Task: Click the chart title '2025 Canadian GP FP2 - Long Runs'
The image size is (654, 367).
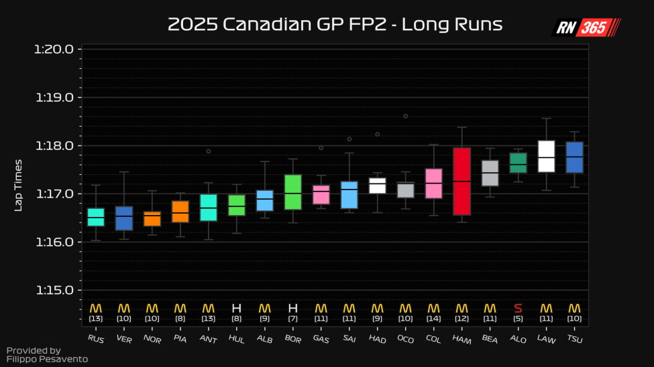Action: click(335, 25)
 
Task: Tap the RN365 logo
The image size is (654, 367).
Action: click(586, 27)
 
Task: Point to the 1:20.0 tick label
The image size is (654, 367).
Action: click(58, 50)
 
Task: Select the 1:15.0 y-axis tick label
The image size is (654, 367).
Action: click(58, 290)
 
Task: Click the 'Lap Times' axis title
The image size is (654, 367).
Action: click(19, 185)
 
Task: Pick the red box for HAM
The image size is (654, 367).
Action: click(461, 181)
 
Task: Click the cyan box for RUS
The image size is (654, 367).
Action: click(96, 217)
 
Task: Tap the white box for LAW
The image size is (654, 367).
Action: click(547, 156)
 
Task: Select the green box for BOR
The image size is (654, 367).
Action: click(293, 192)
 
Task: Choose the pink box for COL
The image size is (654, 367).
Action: click(433, 183)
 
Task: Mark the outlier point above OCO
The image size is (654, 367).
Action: click(405, 116)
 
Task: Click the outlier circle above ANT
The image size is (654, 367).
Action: click(209, 151)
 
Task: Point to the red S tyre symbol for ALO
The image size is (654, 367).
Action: click(518, 308)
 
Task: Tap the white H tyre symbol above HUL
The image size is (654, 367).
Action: click(236, 308)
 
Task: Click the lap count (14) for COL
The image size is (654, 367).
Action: click(433, 319)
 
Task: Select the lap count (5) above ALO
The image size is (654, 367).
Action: click(518, 319)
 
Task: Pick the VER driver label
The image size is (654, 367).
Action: click(123, 339)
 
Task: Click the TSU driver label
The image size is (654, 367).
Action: click(574, 339)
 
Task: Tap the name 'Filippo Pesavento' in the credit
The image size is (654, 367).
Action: click(47, 359)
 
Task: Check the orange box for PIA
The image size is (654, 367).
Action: click(180, 212)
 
